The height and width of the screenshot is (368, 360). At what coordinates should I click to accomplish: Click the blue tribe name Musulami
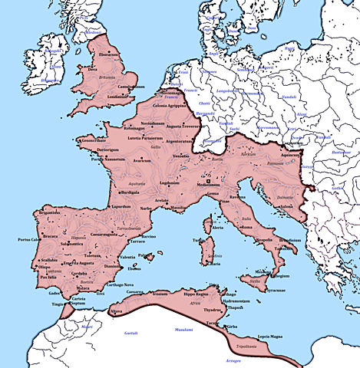(x=183, y=330)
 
